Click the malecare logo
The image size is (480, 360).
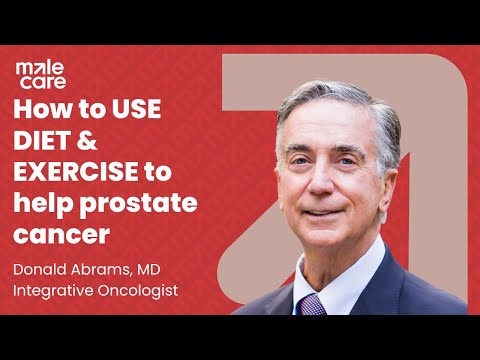37,73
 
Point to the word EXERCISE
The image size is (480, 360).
80,172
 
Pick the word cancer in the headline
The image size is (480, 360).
60,235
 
